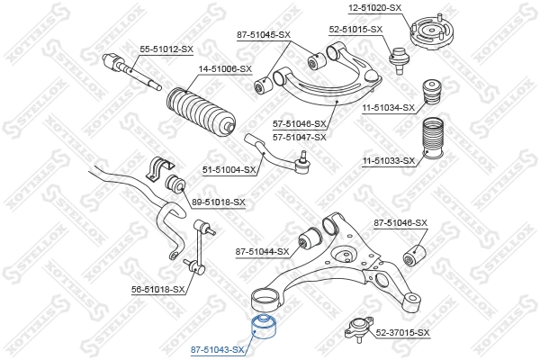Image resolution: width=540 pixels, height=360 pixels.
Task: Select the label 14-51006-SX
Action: coord(225,68)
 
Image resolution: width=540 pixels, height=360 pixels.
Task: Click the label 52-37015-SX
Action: coord(402,333)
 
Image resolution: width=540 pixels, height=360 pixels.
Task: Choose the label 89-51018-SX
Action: coord(218,202)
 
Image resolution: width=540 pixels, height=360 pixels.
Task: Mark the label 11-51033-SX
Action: coord(388,162)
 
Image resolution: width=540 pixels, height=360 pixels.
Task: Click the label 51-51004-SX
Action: coord(229,169)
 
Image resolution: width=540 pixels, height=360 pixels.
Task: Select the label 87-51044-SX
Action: coord(262,252)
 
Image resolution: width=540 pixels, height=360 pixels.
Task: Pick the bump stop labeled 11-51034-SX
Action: coord(434,94)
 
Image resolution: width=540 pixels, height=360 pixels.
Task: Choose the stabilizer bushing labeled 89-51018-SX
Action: coord(176,184)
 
